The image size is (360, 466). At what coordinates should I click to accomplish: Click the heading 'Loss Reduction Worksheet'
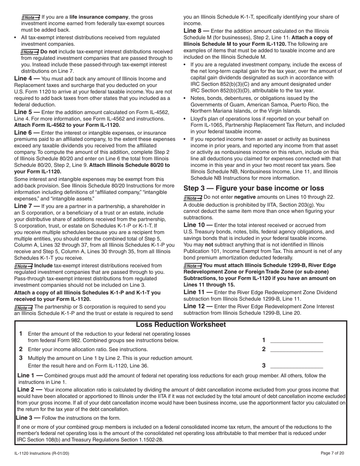click(x=180, y=325)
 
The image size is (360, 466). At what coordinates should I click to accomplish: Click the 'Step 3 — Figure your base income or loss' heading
click(x=254, y=188)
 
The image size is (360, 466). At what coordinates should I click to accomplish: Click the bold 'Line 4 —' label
click(x=27, y=79)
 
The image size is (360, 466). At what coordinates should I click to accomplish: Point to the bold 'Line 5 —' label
click(x=27, y=112)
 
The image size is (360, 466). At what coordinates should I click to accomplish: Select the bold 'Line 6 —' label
click(x=27, y=133)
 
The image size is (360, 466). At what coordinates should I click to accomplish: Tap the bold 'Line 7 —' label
click(x=27, y=206)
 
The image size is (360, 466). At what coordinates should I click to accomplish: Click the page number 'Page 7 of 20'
click(x=332, y=453)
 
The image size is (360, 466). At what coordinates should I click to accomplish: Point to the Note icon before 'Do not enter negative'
click(x=193, y=197)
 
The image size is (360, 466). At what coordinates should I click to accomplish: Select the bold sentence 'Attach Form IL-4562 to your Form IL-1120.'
click(x=67, y=125)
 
